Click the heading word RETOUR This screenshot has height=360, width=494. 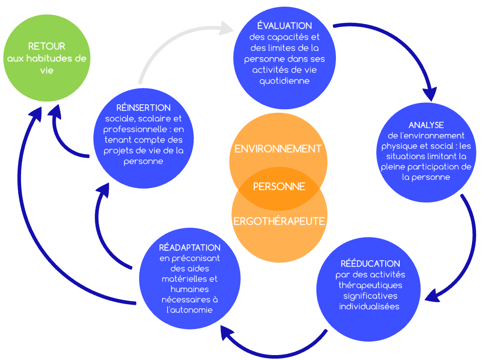pos(47,46)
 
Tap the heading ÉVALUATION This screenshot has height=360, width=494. pos(284,26)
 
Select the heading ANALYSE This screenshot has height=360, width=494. pos(426,125)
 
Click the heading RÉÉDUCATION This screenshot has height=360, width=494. pos(370,263)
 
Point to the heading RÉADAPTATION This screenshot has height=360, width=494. pos(190,248)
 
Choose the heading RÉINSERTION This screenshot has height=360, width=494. pos(143,107)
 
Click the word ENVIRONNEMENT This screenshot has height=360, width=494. pos(278,149)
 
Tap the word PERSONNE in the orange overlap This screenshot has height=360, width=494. pos(279,187)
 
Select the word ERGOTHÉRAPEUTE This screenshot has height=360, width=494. pos(279,221)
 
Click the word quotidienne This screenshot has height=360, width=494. pos(284,81)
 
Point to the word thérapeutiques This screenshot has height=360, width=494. pos(370,285)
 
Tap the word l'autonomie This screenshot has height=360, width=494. pos(190,310)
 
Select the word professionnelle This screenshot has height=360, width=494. pos(135,129)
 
